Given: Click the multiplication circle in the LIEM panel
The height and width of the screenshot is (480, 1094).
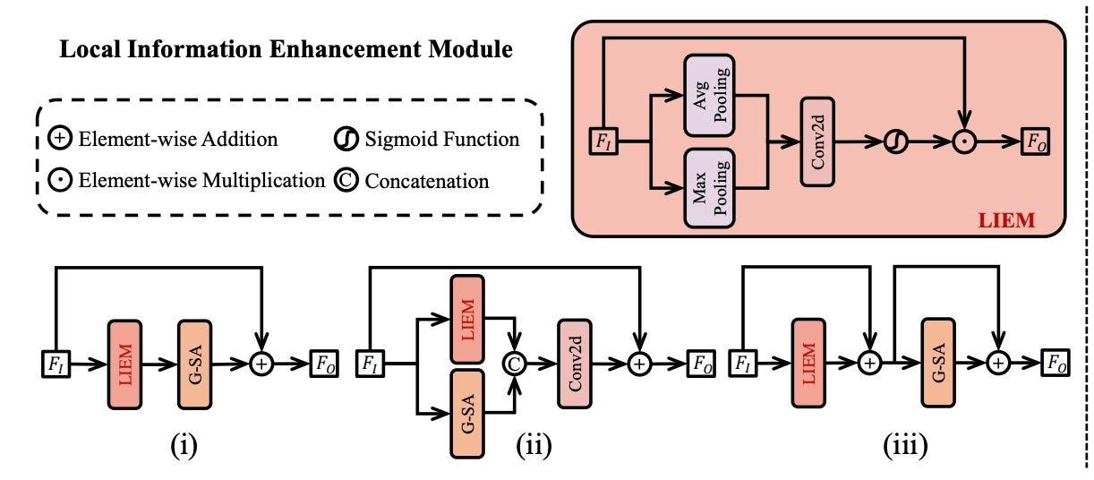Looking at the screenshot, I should pyautogui.click(x=964, y=141).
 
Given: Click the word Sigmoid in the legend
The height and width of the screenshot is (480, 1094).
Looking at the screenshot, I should pyautogui.click(x=395, y=140).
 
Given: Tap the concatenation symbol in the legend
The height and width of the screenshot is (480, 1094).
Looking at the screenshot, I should pyautogui.click(x=346, y=180).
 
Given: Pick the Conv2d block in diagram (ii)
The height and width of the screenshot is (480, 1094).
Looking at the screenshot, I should pyautogui.click(x=576, y=365).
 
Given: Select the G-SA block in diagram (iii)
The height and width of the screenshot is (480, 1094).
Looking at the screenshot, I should pyautogui.click(x=937, y=365).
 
